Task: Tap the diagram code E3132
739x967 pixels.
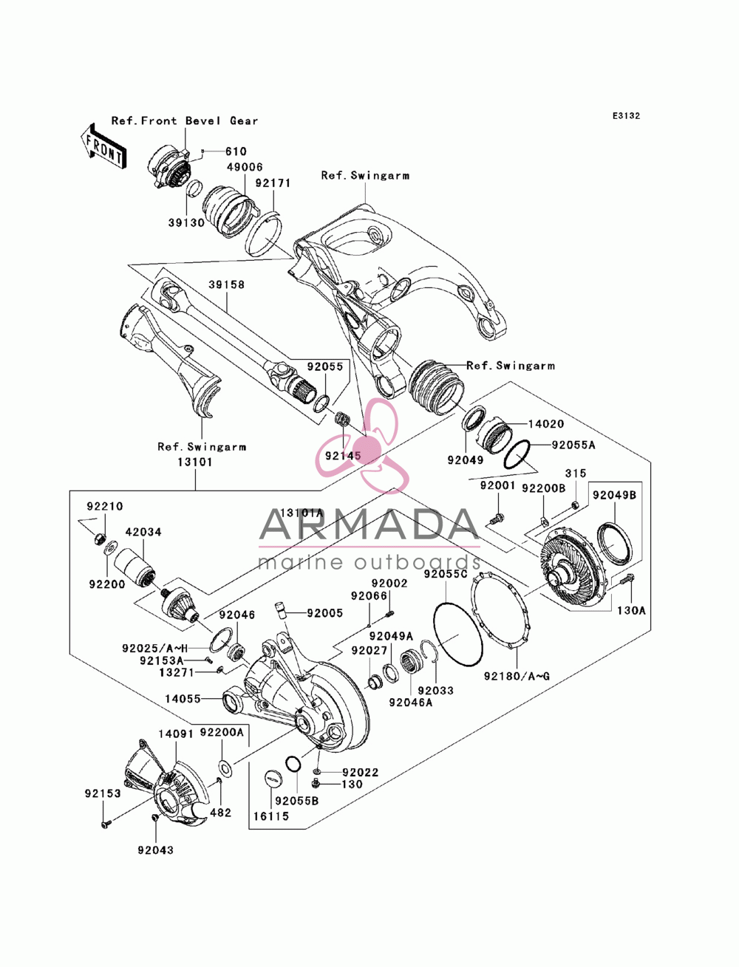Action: click(x=626, y=116)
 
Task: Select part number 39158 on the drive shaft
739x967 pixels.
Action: click(x=226, y=284)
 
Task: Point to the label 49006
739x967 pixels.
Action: click(x=245, y=167)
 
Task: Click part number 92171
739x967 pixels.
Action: click(x=273, y=182)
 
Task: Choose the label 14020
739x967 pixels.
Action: click(x=546, y=424)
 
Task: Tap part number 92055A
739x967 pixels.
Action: click(x=573, y=445)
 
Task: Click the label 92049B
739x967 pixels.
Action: click(x=614, y=495)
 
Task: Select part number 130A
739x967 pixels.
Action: click(x=631, y=611)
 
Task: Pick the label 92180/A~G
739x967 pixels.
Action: click(x=517, y=676)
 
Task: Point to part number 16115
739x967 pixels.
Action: click(x=271, y=816)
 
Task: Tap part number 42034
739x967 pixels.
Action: click(x=143, y=532)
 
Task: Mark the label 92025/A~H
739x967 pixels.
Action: click(x=154, y=648)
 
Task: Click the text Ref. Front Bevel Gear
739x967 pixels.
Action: click(x=185, y=120)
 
